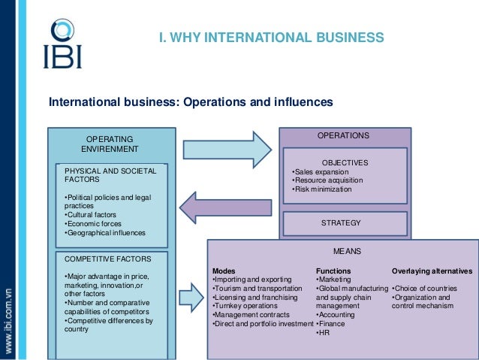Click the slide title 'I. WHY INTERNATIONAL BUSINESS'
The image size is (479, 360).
click(271, 38)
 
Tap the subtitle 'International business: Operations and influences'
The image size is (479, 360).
click(190, 102)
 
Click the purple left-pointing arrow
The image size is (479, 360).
click(225, 206)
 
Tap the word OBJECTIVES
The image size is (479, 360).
click(345, 162)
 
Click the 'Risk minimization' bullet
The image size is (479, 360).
click(323, 189)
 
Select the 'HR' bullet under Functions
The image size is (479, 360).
click(324, 333)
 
